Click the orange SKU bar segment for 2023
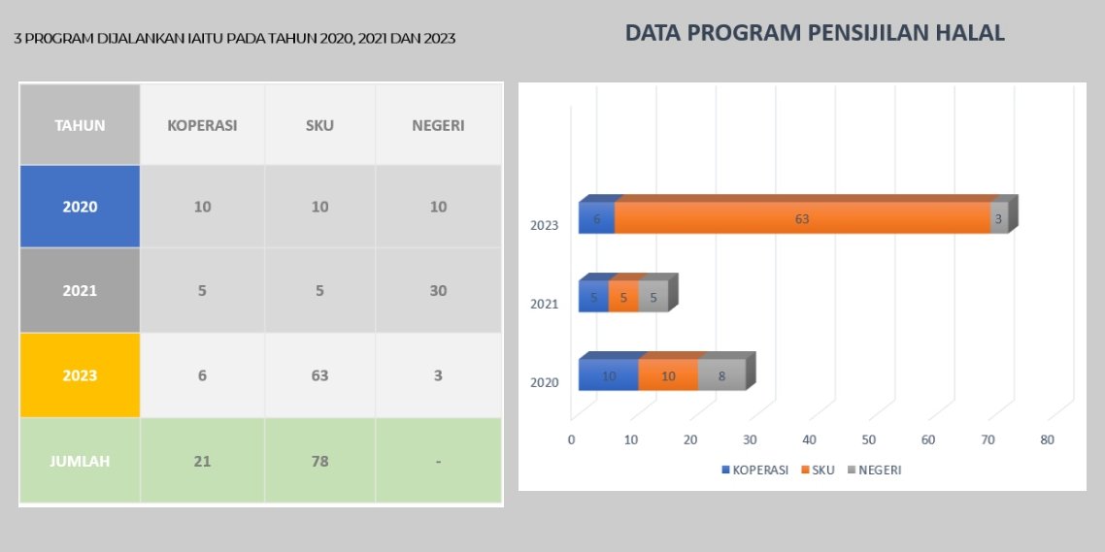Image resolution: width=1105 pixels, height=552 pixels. click(x=802, y=218)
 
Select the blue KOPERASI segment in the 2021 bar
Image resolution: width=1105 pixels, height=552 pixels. click(x=593, y=298)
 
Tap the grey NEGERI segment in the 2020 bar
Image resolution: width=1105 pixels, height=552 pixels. click(x=721, y=375)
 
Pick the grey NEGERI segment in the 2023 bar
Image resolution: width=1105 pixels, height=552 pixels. click(x=998, y=218)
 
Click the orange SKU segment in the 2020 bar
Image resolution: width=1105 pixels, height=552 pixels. click(x=668, y=375)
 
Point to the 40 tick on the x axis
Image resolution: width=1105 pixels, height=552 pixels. click(x=810, y=439)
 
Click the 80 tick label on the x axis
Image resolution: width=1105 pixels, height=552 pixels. click(x=1047, y=439)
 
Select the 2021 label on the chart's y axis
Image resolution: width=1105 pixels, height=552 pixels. click(x=544, y=304)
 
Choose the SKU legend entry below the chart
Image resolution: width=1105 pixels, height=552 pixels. click(x=820, y=470)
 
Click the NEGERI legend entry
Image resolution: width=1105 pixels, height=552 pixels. click(x=879, y=470)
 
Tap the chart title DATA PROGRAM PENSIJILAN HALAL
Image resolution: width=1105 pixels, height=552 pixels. click(x=815, y=33)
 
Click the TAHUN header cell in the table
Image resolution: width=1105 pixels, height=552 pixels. click(x=80, y=125)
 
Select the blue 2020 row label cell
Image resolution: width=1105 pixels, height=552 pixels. click(x=80, y=207)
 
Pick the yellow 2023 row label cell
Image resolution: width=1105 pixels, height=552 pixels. click(x=80, y=375)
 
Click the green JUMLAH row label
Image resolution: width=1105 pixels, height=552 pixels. click(x=80, y=461)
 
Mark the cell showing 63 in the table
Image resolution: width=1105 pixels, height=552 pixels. click(x=319, y=375)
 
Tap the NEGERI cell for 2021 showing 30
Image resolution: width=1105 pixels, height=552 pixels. click(x=438, y=290)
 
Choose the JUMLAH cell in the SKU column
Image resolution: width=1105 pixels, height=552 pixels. click(x=319, y=461)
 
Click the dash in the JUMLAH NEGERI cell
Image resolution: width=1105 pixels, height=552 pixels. click(x=438, y=461)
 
